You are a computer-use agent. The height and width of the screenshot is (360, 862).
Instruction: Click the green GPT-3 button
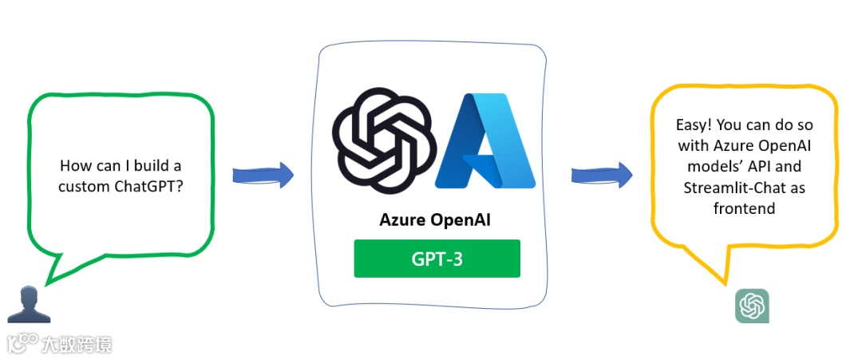coord(437,259)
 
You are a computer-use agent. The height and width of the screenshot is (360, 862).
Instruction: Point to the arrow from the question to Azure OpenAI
coord(262,176)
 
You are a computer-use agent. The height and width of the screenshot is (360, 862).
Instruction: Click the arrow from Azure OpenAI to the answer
coord(601,174)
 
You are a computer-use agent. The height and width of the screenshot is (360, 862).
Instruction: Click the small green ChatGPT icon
coord(752,306)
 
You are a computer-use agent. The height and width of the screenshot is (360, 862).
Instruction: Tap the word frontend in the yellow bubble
coord(745,208)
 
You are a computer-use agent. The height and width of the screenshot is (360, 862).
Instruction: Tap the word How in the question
coord(73,166)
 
